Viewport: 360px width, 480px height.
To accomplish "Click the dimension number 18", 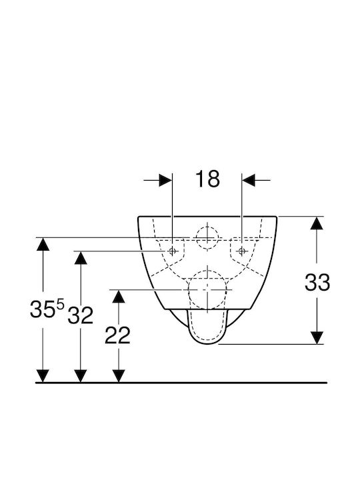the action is [x=207, y=179].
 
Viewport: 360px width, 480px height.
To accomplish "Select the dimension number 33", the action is [x=317, y=282].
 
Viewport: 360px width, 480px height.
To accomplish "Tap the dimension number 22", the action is [x=117, y=335].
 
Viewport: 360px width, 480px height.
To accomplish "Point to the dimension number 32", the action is [x=80, y=315].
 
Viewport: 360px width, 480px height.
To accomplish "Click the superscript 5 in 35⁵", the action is [x=60, y=305].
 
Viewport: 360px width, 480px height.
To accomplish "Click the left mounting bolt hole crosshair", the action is [x=173, y=251].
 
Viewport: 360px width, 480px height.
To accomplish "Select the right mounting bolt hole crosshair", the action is [x=242, y=251].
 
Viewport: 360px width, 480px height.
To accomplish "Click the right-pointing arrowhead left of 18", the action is [x=165, y=180].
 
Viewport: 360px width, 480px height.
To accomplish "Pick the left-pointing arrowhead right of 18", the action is [x=249, y=180].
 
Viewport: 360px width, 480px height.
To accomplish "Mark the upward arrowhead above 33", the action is [x=317, y=223].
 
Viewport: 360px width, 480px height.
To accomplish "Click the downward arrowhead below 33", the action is [x=317, y=337].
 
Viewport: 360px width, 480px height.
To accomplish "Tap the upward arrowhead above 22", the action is [x=119, y=296].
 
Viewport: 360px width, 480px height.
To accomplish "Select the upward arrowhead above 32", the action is [x=81, y=258].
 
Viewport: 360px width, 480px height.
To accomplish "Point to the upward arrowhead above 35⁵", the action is [x=43, y=244].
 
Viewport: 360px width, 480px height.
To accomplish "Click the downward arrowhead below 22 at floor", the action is [x=119, y=376].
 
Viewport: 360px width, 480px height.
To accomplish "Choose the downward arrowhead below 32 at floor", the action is [x=81, y=376].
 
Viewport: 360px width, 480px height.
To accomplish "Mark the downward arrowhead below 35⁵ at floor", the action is [x=43, y=376].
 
